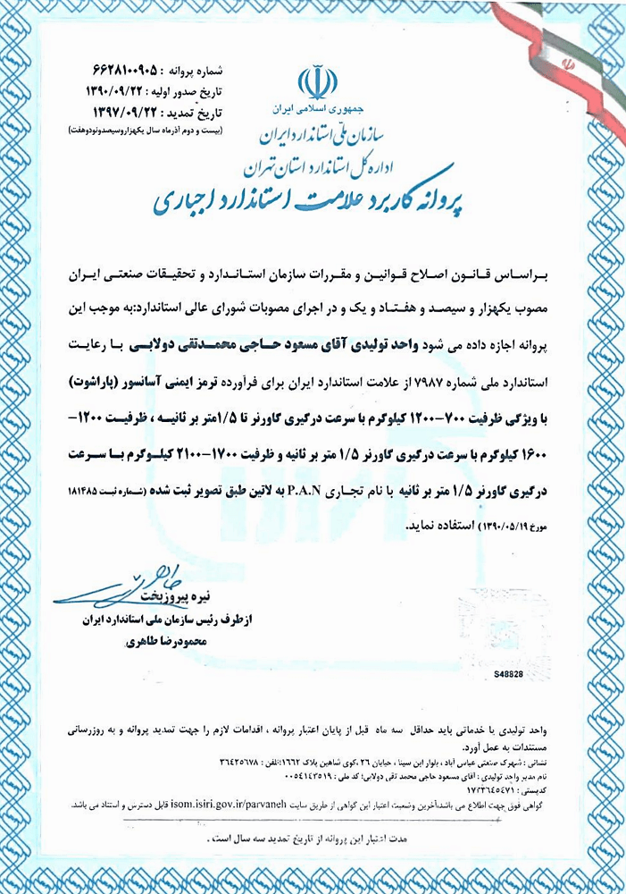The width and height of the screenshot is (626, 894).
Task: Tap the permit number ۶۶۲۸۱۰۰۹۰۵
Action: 131,70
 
